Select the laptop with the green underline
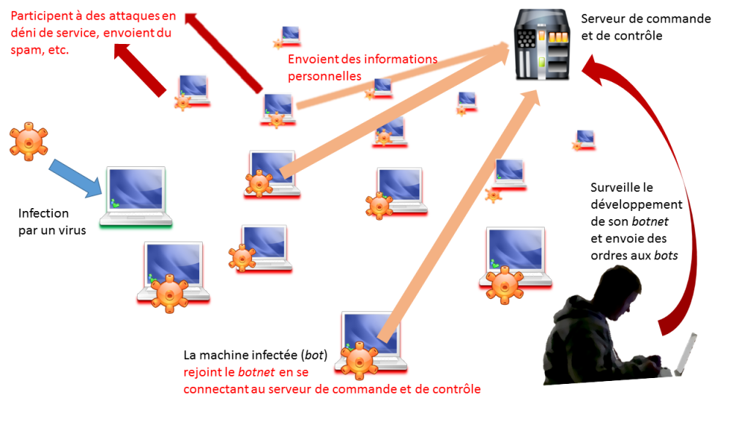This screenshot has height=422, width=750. click(x=137, y=196)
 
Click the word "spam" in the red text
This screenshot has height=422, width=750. click(x=25, y=51)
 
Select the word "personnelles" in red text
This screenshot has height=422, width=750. click(x=324, y=75)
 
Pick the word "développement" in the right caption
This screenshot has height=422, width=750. click(x=636, y=205)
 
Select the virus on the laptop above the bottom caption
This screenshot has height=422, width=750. click(x=359, y=358)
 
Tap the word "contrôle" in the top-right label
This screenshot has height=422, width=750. click(x=639, y=35)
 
